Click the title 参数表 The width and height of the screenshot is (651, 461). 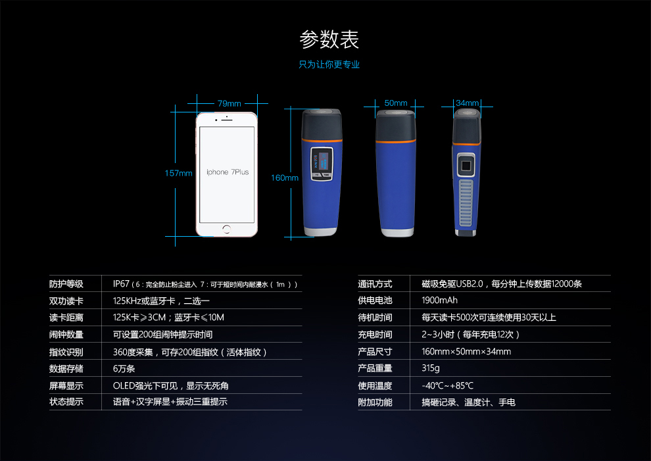pos(329,39)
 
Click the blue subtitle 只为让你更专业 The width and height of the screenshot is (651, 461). pos(329,64)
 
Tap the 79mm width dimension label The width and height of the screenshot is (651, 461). pos(229,103)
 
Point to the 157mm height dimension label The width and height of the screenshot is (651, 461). pos(178,173)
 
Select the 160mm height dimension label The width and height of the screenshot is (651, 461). pos(284,178)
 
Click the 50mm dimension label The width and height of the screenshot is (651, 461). pos(396,103)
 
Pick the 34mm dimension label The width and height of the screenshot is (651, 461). pos(467,103)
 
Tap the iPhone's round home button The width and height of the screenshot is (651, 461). pos(227,230)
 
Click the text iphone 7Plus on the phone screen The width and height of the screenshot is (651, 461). pos(228,172)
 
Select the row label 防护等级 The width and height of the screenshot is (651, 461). pos(66,284)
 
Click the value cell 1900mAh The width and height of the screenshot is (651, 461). pos(440,301)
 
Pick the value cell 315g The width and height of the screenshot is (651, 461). pos(431,368)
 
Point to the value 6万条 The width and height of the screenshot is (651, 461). pos(124,368)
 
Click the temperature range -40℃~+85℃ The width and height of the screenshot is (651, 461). pos(447,385)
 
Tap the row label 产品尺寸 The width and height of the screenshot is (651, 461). pos(375,351)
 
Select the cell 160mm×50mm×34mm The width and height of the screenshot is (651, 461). pos(466,351)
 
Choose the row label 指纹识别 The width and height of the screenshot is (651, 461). pos(66,352)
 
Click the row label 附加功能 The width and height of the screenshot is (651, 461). pos(375,402)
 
